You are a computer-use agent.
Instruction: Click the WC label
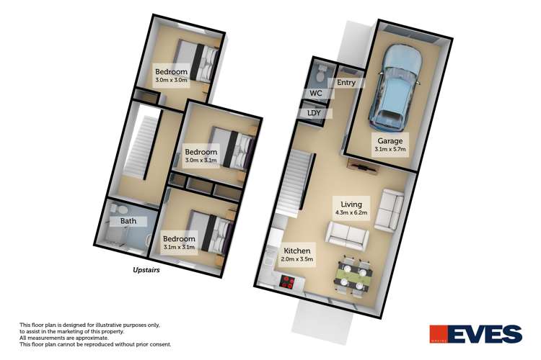[315, 94]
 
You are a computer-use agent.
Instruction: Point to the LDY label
[314, 114]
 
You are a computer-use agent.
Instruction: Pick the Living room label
[351, 207]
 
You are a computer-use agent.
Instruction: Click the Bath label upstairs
[128, 221]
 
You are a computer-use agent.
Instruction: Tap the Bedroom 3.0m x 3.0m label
[171, 76]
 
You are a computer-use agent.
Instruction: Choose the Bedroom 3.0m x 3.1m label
[201, 156]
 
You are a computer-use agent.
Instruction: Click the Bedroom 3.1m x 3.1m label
[179, 243]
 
